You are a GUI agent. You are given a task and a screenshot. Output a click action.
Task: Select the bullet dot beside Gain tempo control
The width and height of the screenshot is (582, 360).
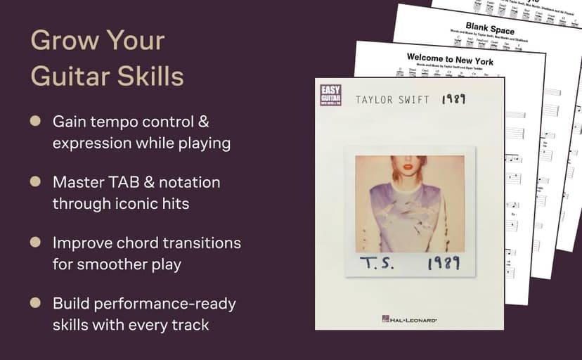click(35, 122)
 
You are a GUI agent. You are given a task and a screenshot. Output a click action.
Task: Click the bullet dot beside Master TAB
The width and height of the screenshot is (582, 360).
click(35, 182)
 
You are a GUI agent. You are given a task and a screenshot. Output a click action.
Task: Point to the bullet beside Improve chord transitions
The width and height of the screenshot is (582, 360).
click(35, 243)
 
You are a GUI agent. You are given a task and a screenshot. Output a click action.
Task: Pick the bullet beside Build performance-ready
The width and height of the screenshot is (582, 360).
click(35, 303)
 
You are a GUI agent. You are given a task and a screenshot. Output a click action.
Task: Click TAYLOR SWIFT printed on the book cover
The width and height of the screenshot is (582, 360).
click(392, 100)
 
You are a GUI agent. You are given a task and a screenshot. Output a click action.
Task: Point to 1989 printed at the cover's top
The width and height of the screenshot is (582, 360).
click(453, 99)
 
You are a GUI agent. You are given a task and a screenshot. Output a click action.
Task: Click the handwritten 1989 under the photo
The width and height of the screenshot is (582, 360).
click(443, 263)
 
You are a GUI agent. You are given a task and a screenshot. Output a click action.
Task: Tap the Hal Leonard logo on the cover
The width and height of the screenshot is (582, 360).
click(409, 319)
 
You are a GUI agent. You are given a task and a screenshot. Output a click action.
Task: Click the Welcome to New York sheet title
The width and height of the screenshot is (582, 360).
click(450, 59)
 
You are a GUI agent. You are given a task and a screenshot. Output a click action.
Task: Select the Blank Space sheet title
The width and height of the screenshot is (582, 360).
click(490, 30)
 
